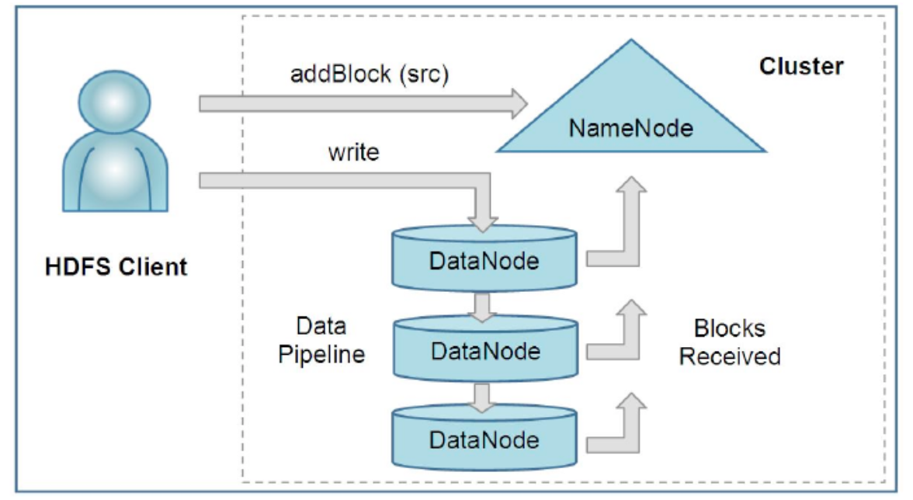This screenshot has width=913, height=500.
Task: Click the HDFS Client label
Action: [116, 267]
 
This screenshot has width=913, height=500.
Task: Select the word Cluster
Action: [800, 67]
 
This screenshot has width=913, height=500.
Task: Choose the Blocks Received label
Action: [729, 342]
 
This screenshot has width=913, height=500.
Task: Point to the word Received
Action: [729, 356]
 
